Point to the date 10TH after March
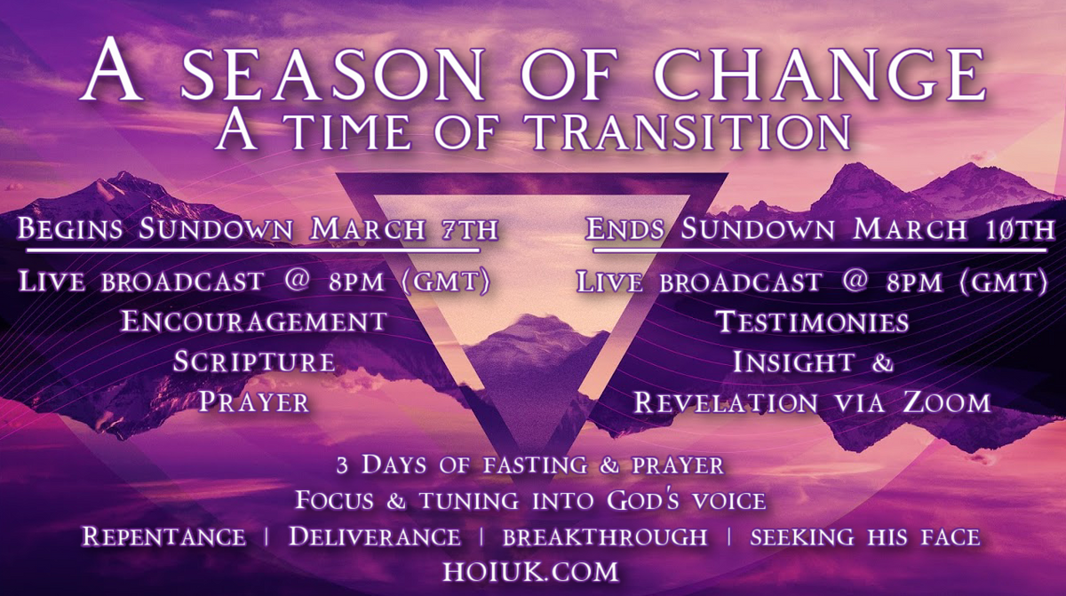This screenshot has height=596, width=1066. click(1014, 229)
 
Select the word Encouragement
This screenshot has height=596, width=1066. click(253, 321)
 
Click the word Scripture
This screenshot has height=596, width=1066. click(254, 362)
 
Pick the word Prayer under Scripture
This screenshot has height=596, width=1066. click(254, 401)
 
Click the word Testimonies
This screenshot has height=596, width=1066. click(813, 321)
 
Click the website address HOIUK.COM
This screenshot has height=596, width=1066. click(532, 568)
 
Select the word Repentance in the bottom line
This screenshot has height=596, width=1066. click(163, 536)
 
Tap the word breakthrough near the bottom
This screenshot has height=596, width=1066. click(605, 536)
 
